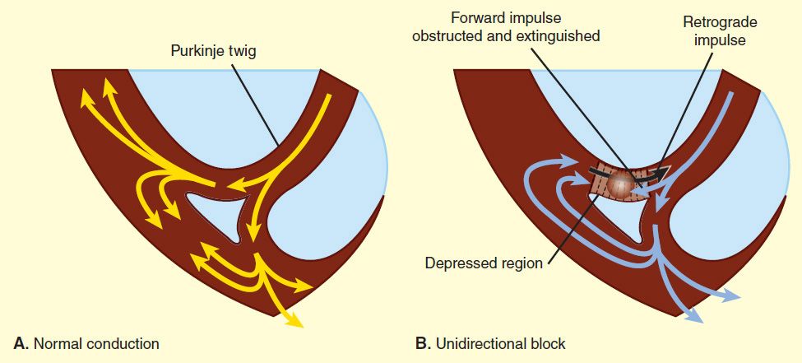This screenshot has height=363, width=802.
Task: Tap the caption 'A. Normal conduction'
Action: [86, 342]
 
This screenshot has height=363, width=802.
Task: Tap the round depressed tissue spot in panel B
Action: [624, 183]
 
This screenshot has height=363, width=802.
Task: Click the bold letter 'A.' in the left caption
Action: [19, 342]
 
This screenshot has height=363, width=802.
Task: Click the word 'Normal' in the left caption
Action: [56, 342]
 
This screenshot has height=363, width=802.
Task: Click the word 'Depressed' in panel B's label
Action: [458, 263]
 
